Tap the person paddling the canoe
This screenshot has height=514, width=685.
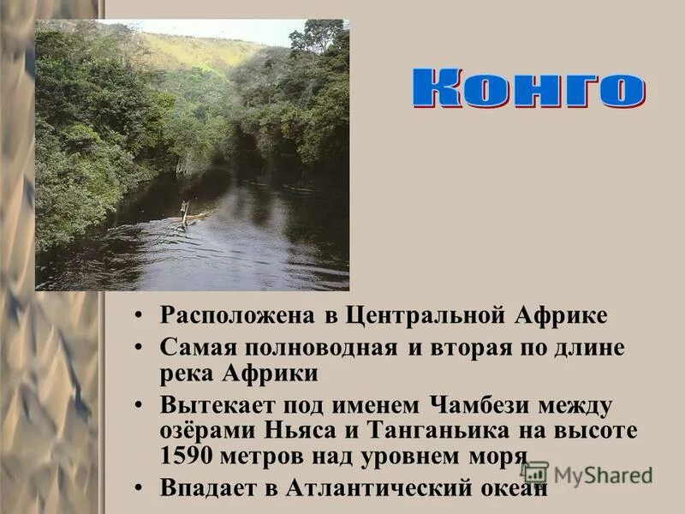[x=183, y=212]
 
